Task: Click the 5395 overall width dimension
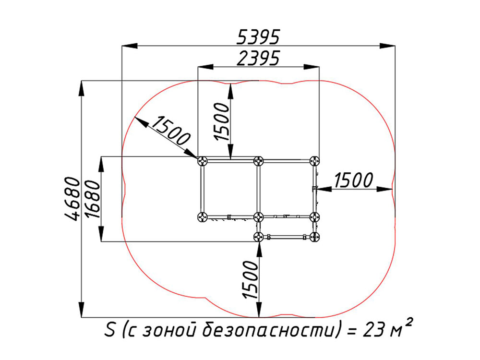tap(258, 37)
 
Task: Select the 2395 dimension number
tap(258, 58)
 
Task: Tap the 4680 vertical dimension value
tap(72, 199)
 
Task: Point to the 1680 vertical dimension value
tap(93, 199)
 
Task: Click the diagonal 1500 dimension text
tap(171, 131)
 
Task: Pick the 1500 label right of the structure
tap(354, 180)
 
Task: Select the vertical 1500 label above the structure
tap(222, 121)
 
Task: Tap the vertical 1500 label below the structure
tap(250, 279)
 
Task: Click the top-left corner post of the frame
tap(203, 161)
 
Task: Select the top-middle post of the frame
tap(259, 161)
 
